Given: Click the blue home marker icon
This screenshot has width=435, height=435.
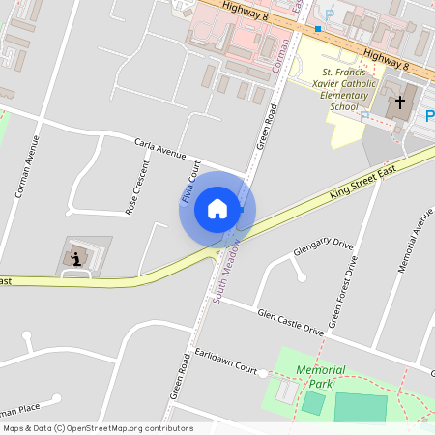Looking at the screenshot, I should point(217,209).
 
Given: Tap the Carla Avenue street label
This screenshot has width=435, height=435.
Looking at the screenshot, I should point(159,148).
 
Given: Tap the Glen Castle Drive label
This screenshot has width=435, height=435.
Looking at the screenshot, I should point(291,322).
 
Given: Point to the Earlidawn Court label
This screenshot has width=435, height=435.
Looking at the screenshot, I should point(226,362).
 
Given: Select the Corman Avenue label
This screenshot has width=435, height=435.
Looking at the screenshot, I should point(28,165).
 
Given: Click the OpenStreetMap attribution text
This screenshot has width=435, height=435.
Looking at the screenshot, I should point(97,428).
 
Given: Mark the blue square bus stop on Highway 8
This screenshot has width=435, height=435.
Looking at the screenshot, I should point(316,29).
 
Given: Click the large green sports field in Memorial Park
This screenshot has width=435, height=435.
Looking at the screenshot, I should point(360,407).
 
